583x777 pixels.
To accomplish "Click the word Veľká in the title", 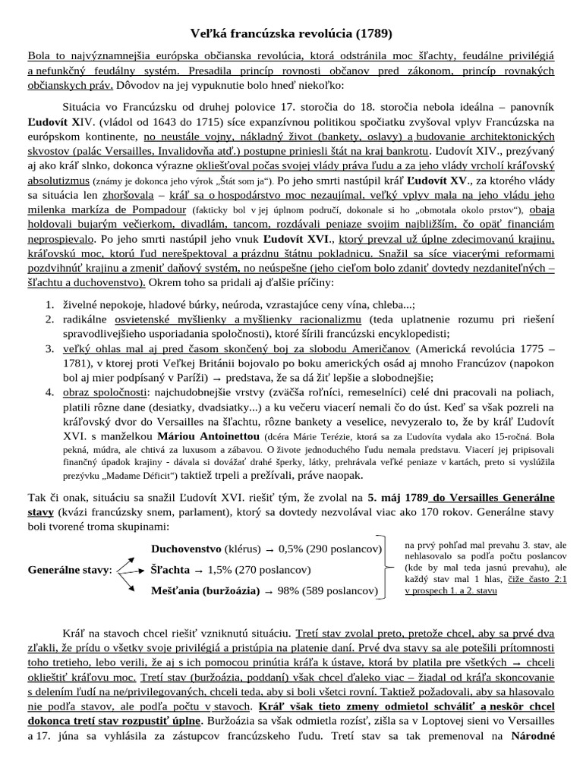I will (x=207, y=34).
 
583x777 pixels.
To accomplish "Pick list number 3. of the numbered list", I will (x=49, y=348).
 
